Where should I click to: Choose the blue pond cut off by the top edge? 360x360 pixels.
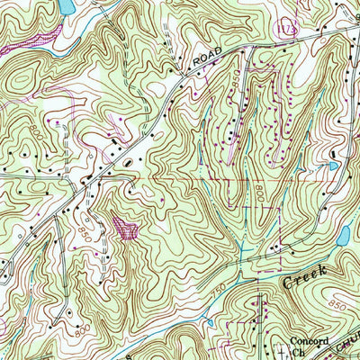click(x=65, y=5)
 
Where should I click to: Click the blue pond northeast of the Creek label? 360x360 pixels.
click(x=342, y=236)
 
